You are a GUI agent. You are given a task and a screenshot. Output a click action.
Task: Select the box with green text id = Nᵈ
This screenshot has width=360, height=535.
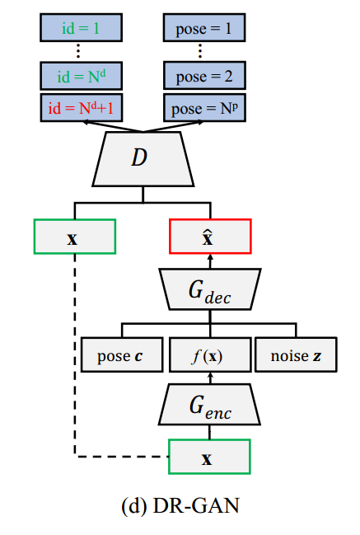[x=80, y=77]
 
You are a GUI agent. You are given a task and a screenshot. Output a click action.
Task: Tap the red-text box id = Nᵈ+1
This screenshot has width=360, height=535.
[x=80, y=107]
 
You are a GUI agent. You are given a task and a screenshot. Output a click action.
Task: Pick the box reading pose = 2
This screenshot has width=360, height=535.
[x=203, y=77]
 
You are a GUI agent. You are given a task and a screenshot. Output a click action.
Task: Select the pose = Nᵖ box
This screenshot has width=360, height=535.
[x=203, y=107]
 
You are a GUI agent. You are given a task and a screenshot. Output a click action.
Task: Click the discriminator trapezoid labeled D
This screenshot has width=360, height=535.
[x=142, y=157]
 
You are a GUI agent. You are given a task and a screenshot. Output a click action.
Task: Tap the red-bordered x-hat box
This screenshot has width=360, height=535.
[x=209, y=236]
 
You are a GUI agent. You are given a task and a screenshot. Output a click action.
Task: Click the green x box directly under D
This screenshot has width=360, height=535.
[x=75, y=236]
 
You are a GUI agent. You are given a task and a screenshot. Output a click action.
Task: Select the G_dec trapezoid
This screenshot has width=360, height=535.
[x=209, y=288]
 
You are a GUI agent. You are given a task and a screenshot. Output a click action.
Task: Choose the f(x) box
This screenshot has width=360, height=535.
[x=209, y=354]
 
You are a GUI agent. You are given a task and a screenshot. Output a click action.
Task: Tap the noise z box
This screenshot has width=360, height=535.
[x=295, y=354]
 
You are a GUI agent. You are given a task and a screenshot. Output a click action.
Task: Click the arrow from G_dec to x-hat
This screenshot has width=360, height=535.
[x=209, y=261]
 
